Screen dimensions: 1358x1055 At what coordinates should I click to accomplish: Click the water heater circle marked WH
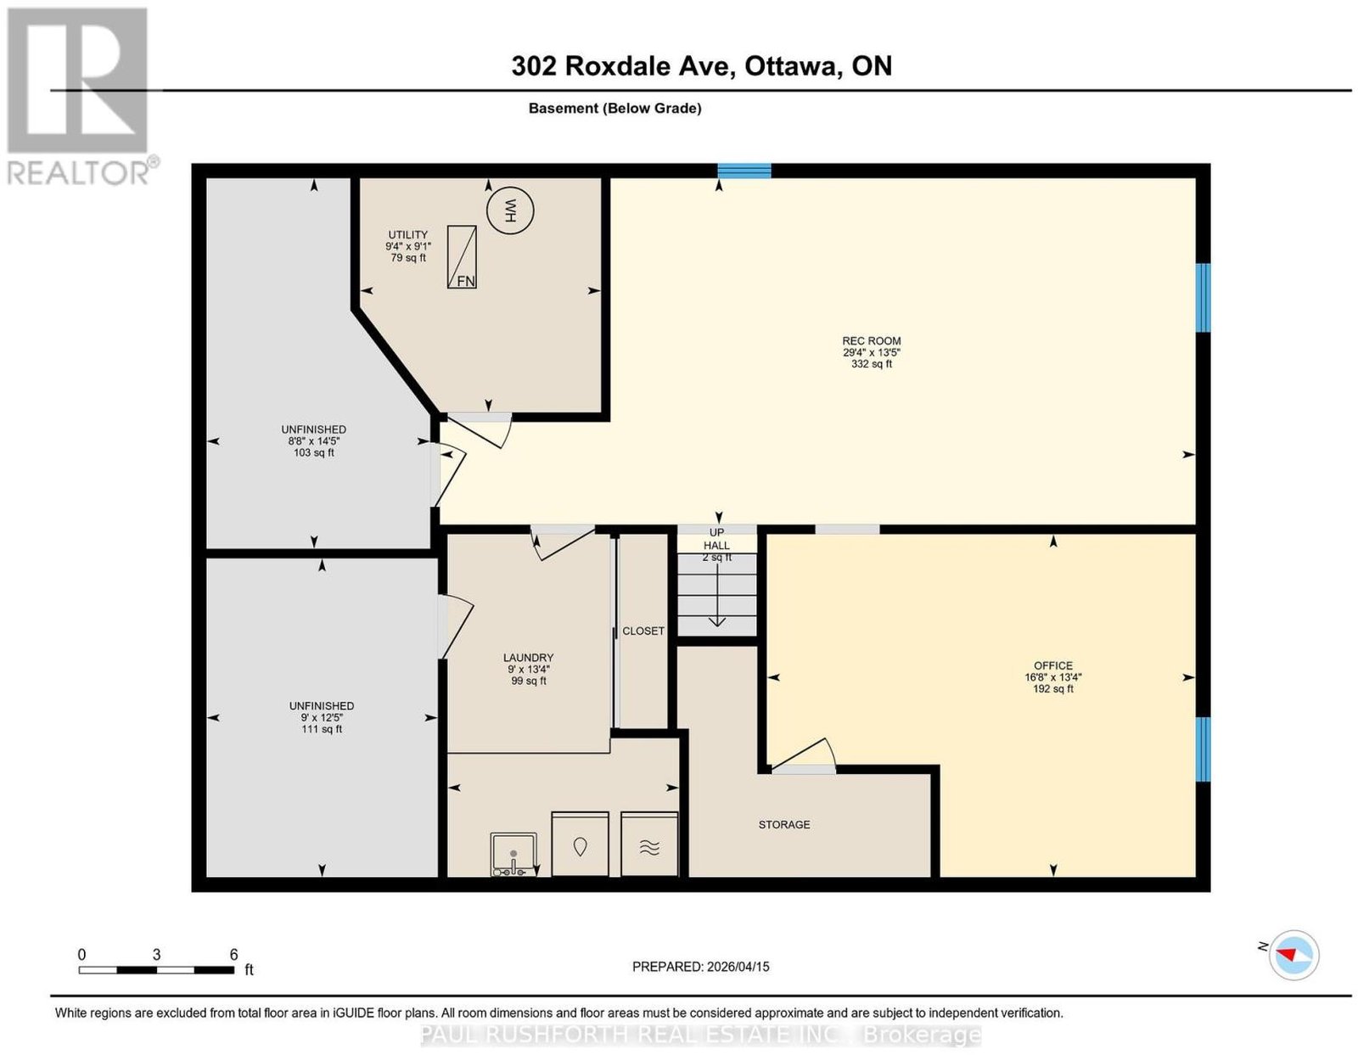tap(511, 211)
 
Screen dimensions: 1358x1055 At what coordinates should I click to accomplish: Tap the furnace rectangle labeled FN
tap(461, 256)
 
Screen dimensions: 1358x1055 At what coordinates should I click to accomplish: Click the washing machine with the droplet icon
tap(580, 844)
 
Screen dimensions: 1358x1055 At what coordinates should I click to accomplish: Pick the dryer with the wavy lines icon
tap(649, 844)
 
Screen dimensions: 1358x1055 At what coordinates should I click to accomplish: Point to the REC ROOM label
tap(871, 341)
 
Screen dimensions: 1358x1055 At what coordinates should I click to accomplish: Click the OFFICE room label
tap(1053, 666)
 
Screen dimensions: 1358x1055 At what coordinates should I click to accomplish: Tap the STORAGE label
tap(784, 824)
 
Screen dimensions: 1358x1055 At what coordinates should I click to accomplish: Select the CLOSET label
tap(643, 631)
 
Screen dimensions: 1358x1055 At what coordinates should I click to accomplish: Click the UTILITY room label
tap(408, 235)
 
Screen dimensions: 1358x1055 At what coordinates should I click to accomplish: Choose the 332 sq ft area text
tap(871, 364)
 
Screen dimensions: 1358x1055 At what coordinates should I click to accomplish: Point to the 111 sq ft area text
tap(322, 729)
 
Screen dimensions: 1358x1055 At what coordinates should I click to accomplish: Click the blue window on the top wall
tap(744, 171)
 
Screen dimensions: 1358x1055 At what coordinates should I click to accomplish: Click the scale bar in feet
tap(156, 970)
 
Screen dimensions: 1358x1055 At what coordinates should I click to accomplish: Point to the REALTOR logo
tap(80, 97)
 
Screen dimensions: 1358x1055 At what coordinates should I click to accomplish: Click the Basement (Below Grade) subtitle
tap(615, 108)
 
